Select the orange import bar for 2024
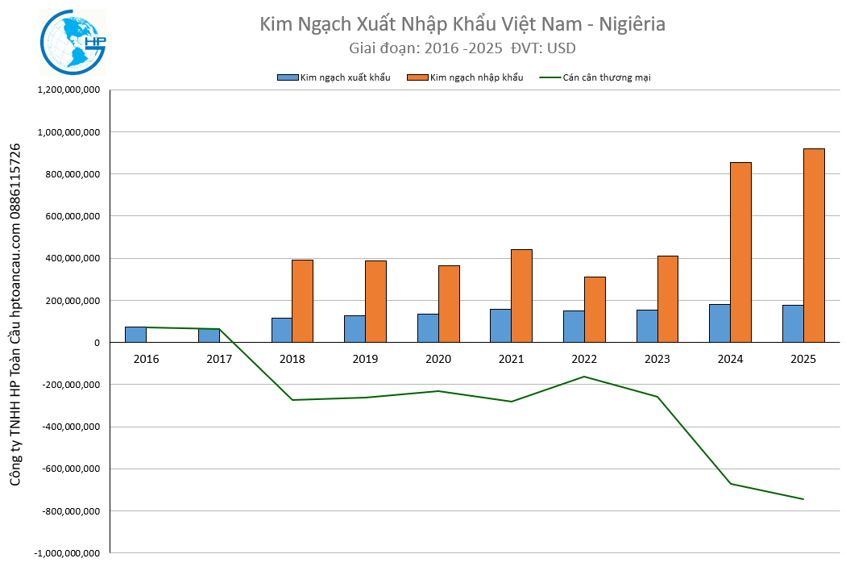click(740, 252)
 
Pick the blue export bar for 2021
click(500, 326)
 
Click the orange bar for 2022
click(595, 310)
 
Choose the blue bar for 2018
click(281, 330)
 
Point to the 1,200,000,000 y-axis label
click(68, 90)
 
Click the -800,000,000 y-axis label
click(68, 511)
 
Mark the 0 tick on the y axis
click(95, 343)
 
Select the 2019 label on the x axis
click(365, 359)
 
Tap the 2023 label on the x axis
click(657, 359)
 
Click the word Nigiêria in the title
click(632, 24)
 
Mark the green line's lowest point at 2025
click(803, 499)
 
